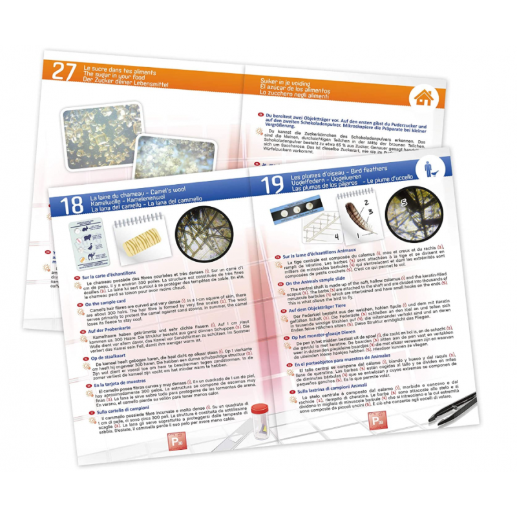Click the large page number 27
[64, 72]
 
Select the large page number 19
[272, 186]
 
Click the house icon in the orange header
[423, 98]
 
